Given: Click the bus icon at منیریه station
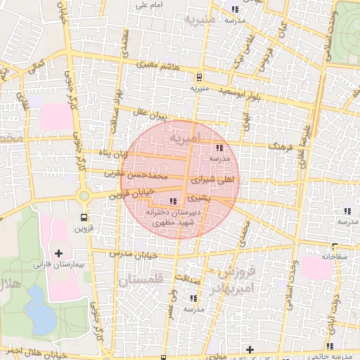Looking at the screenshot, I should (x=200, y=77).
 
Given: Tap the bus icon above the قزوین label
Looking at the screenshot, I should (x=84, y=218).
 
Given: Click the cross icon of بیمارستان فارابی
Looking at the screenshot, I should (x=58, y=253).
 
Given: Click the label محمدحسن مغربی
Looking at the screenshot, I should (x=154, y=172).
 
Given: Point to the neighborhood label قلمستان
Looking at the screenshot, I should (x=150, y=280).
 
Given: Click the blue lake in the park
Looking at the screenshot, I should (x=40, y=317).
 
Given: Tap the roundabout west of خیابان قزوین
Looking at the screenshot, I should (x=84, y=195).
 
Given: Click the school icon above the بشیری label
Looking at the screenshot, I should (x=174, y=202).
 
